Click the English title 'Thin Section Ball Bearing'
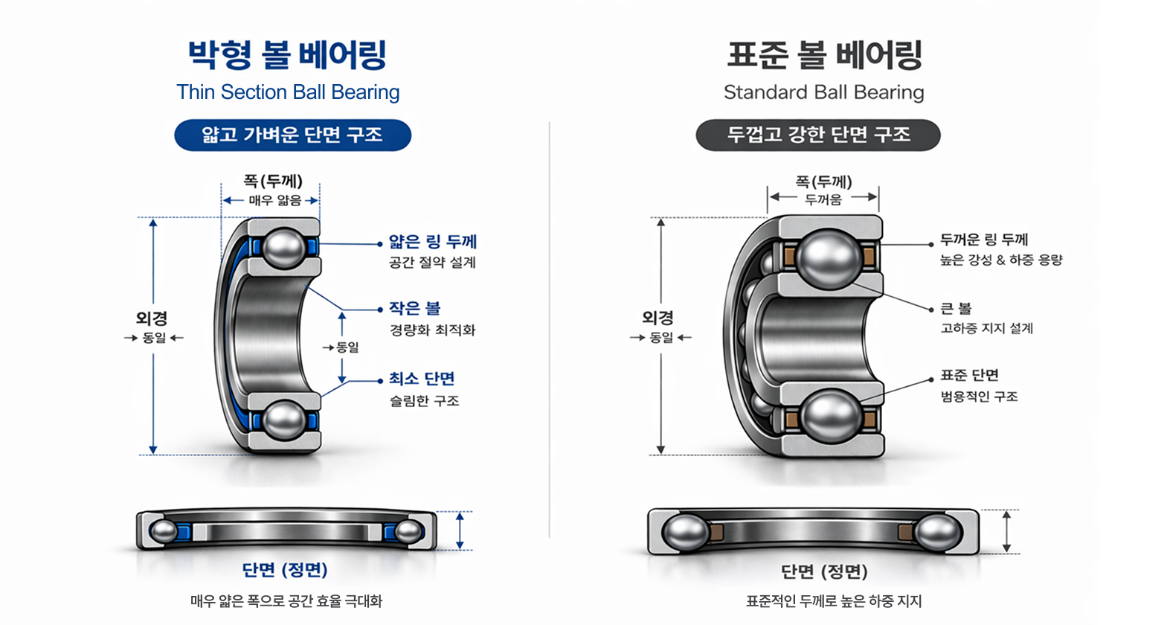[x=288, y=92]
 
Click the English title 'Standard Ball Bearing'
[x=823, y=92]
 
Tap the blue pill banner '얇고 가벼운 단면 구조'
[x=292, y=135]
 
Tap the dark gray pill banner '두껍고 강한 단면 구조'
[x=818, y=135]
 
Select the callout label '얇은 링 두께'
[x=432, y=242]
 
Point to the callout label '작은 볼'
[x=414, y=308]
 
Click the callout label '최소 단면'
[x=421, y=379]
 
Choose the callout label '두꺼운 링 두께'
[x=983, y=240]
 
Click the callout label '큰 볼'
[x=956, y=308]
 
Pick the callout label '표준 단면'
[x=969, y=375]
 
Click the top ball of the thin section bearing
[x=284, y=248]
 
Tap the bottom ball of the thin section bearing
[x=284, y=420]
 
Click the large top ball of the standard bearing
[x=829, y=258]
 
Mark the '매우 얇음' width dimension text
[x=274, y=200]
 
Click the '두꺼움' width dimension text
[x=823, y=199]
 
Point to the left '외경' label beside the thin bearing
[x=152, y=318]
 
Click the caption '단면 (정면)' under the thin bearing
[x=285, y=570]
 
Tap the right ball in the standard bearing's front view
[x=937, y=533]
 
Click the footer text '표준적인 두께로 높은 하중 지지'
[x=834, y=601]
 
